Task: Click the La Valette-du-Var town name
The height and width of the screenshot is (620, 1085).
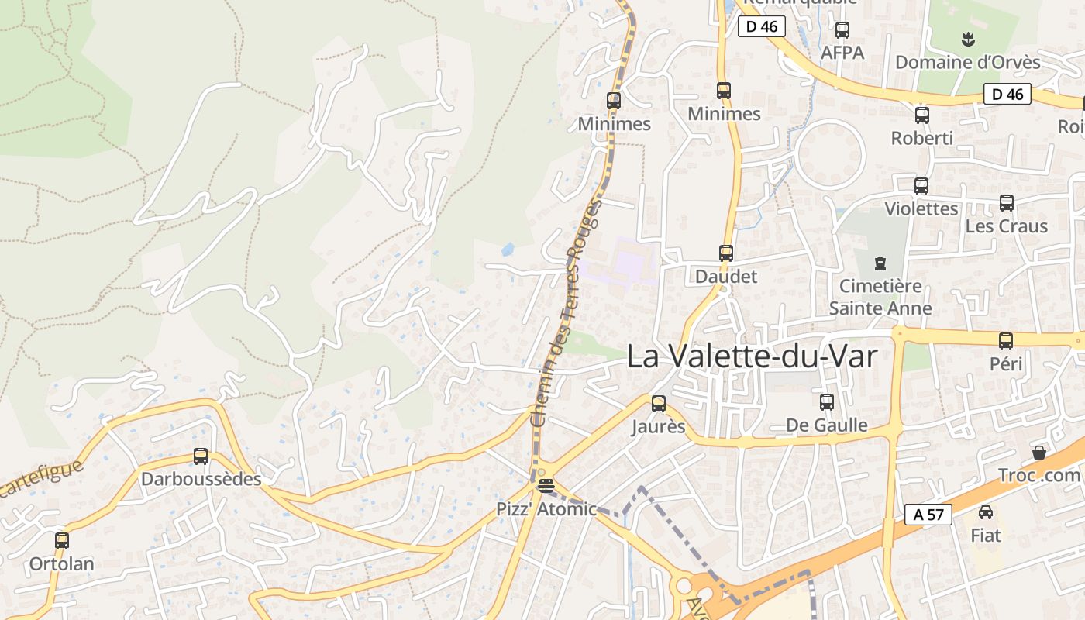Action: point(751,356)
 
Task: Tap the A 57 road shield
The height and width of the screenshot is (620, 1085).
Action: point(928,515)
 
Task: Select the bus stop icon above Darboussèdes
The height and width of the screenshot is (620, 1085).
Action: point(201,456)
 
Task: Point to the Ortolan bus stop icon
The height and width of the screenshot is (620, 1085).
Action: point(62,541)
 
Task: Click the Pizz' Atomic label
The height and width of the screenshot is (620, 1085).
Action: point(546,509)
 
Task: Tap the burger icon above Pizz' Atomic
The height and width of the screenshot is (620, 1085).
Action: point(546,486)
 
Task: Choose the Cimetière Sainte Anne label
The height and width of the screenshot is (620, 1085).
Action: point(880,297)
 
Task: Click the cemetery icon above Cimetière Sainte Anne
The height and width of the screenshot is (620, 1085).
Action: point(880,263)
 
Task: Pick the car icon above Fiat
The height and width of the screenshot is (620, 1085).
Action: point(986,512)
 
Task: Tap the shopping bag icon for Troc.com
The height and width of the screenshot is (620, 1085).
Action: point(1039,453)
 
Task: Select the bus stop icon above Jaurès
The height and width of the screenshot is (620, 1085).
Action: point(659,404)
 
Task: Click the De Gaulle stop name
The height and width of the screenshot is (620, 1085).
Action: point(826,425)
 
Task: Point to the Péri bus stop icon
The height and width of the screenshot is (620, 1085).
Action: point(1006,340)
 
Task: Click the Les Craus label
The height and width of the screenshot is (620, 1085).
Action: point(1006,226)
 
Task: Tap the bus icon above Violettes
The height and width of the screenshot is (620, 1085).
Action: point(921,186)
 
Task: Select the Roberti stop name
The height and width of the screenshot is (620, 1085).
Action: point(921,138)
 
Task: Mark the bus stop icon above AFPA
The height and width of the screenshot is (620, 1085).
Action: point(842,30)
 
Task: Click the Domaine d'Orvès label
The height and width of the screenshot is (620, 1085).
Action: point(967,62)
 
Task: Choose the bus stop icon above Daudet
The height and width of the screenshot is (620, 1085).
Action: point(726,253)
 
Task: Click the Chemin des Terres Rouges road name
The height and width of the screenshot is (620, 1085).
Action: point(566,314)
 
